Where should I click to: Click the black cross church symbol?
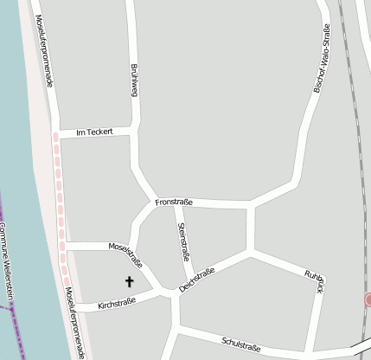131,281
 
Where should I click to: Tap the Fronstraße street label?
173,202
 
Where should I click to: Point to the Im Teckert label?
94,132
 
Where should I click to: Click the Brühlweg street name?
134,80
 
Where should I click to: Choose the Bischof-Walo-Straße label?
321,59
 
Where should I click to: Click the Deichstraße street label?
197,280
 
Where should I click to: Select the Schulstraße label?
240,344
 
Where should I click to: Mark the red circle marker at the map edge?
368,299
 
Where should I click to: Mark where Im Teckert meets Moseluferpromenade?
55,135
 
